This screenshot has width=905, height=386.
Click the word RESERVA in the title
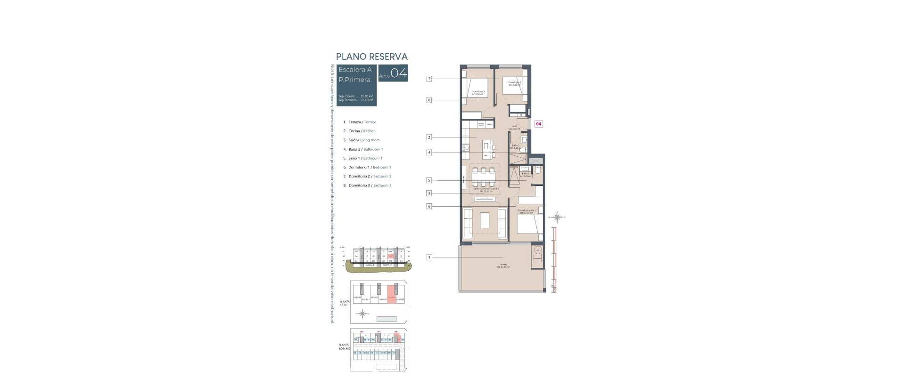388,57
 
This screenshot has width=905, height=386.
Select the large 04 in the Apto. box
399,73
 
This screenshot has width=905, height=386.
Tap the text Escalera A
355,70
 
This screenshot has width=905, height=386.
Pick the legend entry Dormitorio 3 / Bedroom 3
370,185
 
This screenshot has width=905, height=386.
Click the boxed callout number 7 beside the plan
429,79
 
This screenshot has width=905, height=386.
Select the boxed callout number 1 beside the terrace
429,257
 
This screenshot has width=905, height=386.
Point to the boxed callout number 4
429,153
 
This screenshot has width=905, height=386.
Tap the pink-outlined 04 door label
538,124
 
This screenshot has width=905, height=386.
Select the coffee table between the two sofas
485,220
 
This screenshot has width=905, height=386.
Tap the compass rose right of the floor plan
558,217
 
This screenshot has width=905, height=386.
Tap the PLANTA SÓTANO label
344,346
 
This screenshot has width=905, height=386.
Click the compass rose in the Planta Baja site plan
362,313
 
